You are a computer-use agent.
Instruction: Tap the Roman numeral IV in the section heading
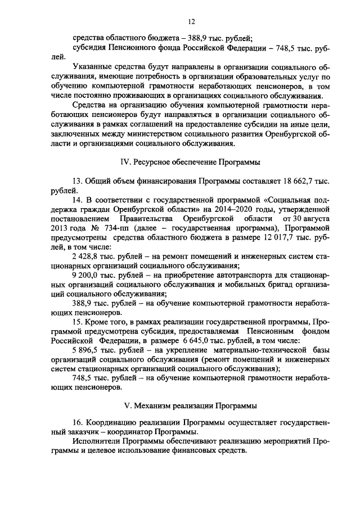click(127, 161)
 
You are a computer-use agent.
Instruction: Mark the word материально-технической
click(253, 351)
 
